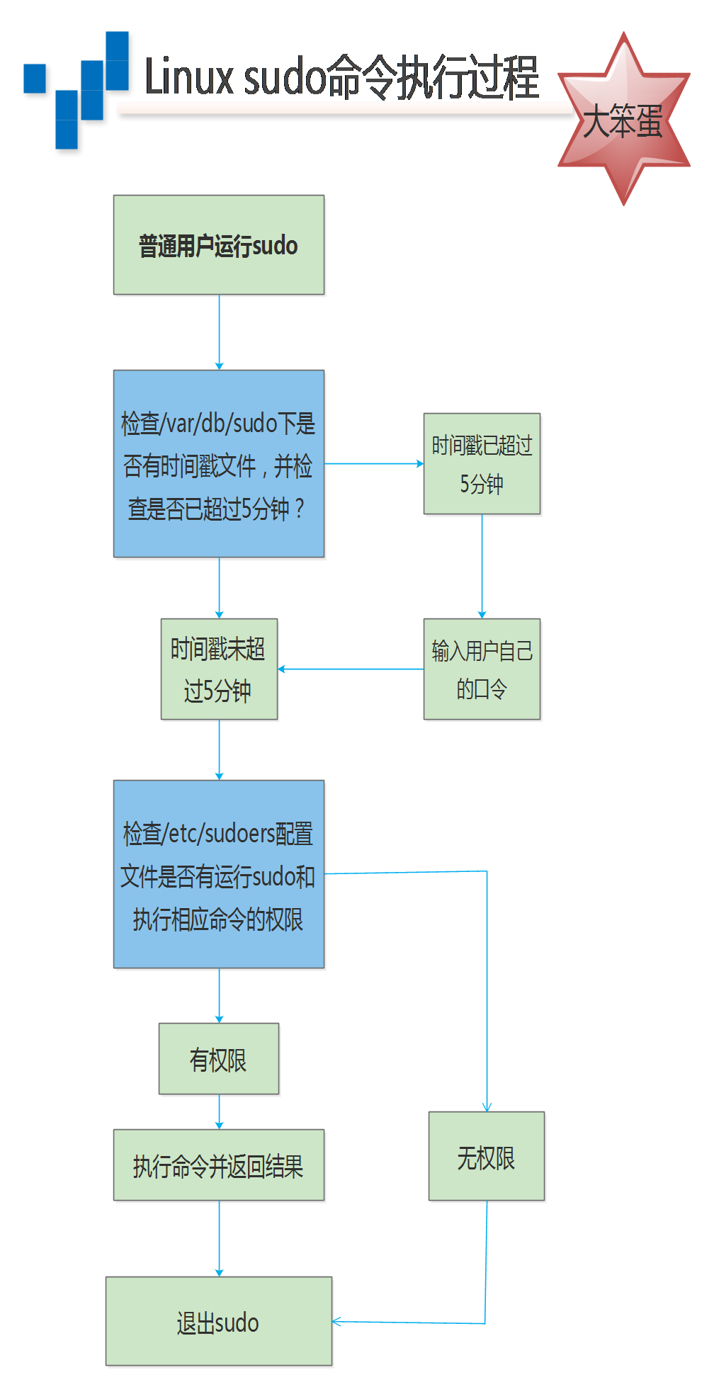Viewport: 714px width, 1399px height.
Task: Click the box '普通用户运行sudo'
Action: pos(219,245)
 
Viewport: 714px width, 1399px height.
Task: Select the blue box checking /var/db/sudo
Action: pos(219,463)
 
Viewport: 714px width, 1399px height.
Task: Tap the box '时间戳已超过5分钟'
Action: pos(482,463)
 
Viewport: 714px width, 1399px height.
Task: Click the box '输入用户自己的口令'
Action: pos(482,669)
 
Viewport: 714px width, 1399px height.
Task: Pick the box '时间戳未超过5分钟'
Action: pos(219,669)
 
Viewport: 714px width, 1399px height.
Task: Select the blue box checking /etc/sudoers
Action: pos(219,874)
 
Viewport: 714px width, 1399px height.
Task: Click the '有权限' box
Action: pos(219,1058)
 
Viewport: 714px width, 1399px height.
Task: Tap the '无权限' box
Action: pos(487,1156)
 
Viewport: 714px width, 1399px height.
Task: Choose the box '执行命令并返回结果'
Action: pos(219,1165)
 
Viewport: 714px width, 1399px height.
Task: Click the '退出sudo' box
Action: pos(219,1321)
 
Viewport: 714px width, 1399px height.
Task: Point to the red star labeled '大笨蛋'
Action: pos(623,119)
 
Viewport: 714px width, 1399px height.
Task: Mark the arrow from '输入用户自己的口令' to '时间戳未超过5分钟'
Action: pos(351,669)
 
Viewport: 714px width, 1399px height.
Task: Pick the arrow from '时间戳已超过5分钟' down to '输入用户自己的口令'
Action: pos(482,566)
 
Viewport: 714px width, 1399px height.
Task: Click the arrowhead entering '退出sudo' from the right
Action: pos(337,1322)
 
